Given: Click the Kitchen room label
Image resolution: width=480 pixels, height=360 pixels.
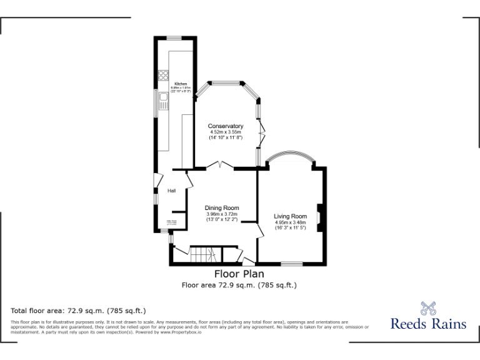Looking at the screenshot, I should (x=181, y=84).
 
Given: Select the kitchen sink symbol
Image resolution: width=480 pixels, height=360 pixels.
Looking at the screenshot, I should (x=164, y=99).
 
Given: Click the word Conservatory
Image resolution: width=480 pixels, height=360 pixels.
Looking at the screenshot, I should (x=226, y=126).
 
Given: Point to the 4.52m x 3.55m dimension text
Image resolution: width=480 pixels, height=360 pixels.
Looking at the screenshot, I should (x=226, y=132).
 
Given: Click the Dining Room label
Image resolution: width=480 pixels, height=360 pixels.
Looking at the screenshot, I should (x=222, y=208).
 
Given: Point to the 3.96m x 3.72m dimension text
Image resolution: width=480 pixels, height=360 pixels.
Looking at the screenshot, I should (x=222, y=214).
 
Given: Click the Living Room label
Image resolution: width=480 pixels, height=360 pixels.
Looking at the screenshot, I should (x=291, y=216).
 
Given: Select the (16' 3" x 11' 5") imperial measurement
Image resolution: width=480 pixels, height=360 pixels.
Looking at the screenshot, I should (x=291, y=227).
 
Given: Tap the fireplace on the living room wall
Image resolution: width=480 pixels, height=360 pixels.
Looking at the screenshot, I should (x=319, y=217).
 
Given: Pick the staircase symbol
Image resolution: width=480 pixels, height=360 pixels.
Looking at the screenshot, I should (x=204, y=254).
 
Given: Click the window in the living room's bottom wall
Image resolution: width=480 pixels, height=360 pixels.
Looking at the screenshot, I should (x=292, y=264).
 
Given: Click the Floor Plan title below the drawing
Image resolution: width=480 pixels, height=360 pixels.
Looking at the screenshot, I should (x=239, y=274).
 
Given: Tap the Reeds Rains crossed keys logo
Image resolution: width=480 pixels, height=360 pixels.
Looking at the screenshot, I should (x=428, y=308).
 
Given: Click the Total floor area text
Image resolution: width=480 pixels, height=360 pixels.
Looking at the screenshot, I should (x=78, y=310).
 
